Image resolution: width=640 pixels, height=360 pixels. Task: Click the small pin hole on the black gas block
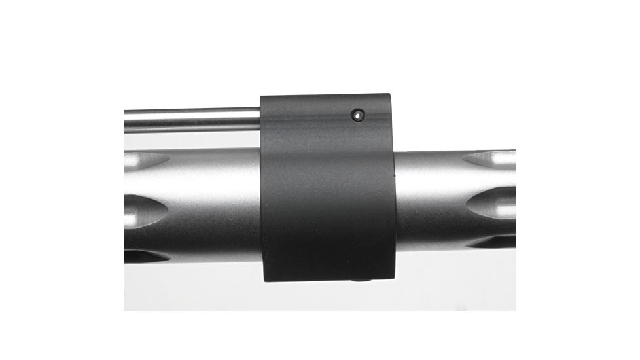pos(357,116)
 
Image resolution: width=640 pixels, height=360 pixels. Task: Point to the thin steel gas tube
pos(190,119)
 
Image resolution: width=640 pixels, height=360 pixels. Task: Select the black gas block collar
pos(327,196)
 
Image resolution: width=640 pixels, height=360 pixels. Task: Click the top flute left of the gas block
pos(145,160)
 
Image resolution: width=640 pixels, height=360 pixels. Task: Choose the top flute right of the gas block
pos(492,158)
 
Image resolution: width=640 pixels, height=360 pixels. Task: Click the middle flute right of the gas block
pos(492,204)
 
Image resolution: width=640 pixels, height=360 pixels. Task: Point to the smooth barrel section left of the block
pos(216,196)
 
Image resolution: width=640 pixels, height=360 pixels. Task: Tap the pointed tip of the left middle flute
pos(168,209)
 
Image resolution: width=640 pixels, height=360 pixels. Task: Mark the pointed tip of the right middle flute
pos(466,204)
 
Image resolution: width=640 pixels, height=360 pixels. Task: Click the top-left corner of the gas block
pos(262,97)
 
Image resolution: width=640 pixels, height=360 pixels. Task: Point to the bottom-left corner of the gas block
pos(264,280)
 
